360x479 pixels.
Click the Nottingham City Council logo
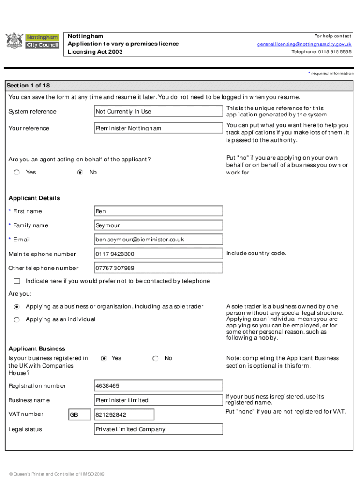click(32, 41)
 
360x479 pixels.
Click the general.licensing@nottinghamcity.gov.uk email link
click(304, 44)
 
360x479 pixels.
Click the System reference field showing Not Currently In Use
click(158, 111)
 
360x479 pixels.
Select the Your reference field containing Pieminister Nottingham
click(158, 128)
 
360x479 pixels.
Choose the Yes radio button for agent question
click(17, 173)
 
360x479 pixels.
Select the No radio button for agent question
click(80, 173)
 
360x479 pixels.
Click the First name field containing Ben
click(158, 211)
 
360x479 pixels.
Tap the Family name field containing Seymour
click(158, 225)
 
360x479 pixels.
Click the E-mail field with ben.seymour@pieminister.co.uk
click(158, 239)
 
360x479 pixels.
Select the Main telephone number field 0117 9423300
click(158, 254)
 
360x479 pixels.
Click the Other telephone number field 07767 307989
click(158, 268)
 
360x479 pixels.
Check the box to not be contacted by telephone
click(17, 281)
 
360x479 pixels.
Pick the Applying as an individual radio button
click(17, 319)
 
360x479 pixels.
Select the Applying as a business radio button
click(17, 307)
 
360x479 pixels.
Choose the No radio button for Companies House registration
click(155, 358)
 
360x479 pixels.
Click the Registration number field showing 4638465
click(158, 386)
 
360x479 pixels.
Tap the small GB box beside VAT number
click(79, 415)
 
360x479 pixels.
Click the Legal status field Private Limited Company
click(158, 429)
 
